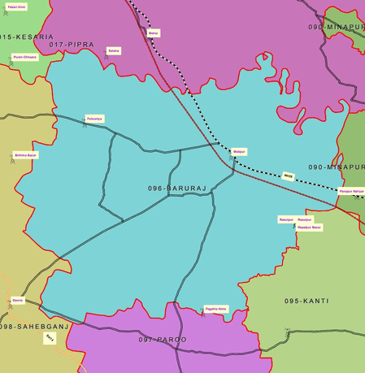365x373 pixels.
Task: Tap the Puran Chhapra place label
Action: (x=24, y=57)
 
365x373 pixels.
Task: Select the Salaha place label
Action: (x=114, y=50)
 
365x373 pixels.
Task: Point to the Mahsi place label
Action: (x=154, y=33)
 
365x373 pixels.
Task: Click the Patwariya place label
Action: (x=95, y=119)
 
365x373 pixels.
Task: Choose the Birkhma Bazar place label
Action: (x=26, y=154)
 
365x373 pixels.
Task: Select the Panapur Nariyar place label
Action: (x=351, y=191)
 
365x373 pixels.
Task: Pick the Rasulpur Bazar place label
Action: (x=310, y=227)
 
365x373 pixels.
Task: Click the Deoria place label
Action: (x=18, y=300)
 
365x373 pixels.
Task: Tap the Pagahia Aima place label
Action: (x=215, y=309)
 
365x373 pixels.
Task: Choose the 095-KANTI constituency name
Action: (x=306, y=301)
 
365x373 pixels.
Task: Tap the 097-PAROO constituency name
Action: (x=163, y=339)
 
